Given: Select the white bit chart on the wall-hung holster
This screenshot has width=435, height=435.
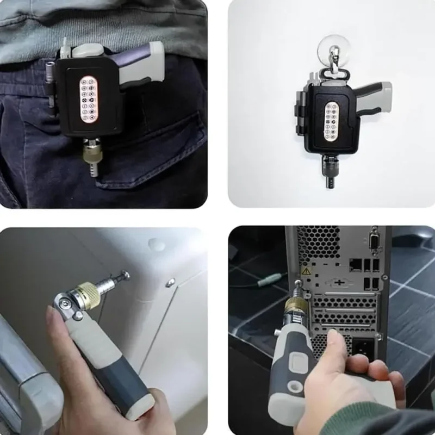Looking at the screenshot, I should point(331,123).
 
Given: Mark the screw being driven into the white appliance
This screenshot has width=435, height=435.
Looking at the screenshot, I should point(124,276).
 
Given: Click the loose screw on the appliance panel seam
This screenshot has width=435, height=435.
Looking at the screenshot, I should point(171,282).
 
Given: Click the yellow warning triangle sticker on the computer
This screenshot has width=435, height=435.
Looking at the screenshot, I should point(307,270).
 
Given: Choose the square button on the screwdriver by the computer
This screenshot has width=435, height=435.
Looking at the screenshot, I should point(297,362).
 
